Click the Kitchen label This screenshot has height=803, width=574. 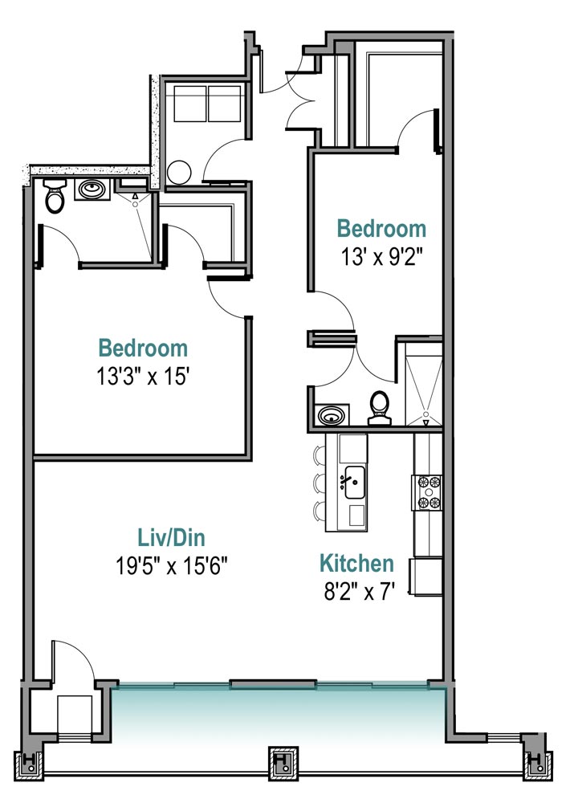point(356,564)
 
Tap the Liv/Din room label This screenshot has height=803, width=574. point(172,538)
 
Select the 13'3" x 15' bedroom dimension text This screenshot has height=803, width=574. point(144,377)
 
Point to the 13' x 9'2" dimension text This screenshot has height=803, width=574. point(381,257)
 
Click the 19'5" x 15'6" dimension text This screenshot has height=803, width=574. point(172,566)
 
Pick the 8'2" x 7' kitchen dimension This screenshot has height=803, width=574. point(360,592)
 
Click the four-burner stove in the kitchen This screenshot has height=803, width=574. point(428,492)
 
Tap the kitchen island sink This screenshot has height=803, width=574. point(353,482)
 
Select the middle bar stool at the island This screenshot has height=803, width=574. point(320,482)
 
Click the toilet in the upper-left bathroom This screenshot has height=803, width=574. point(55,196)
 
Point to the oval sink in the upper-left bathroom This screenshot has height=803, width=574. point(92,190)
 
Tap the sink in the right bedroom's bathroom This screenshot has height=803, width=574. point(332,415)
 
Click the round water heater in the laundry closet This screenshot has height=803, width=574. point(179,173)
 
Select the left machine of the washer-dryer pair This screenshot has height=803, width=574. point(189,104)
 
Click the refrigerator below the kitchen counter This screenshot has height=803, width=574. point(427,577)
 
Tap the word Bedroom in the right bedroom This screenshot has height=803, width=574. point(381,228)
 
